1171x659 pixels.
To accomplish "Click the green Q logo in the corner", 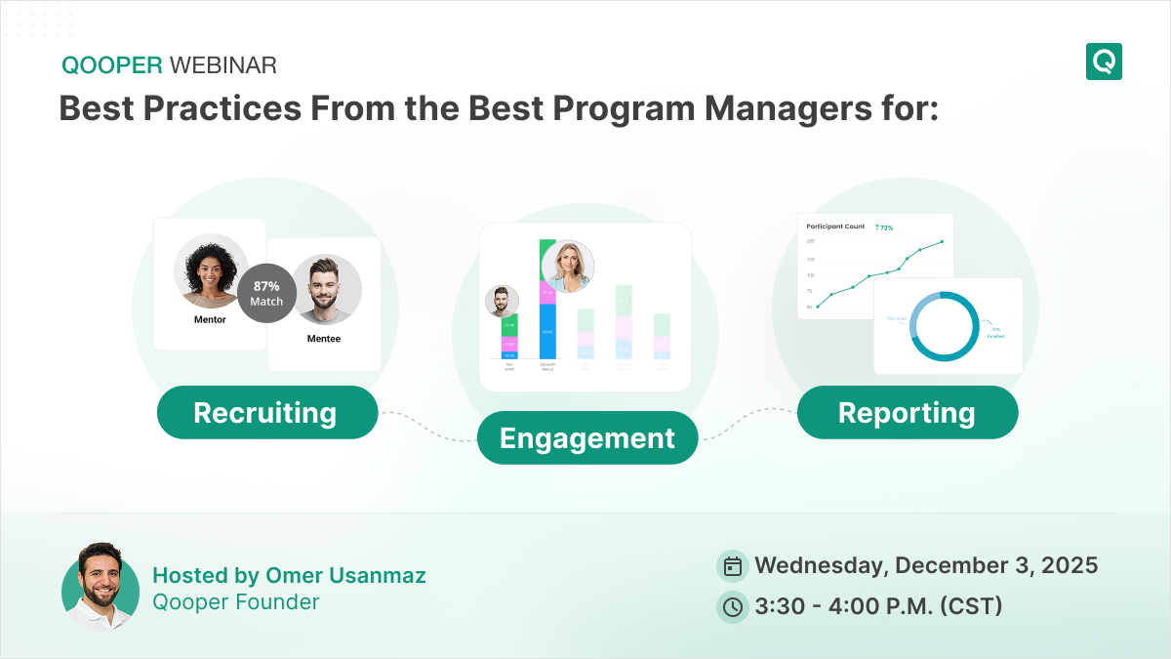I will point(1104,62).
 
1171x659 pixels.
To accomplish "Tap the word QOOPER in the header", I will point(112,65).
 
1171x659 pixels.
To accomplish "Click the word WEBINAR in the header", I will point(223,65).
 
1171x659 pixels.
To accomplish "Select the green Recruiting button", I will point(265,412).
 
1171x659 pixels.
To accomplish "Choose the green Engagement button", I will point(586,437).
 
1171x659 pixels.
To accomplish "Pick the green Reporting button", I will point(907,412).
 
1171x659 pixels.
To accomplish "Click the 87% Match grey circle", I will point(266,293).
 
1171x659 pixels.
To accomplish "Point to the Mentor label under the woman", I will point(210,319).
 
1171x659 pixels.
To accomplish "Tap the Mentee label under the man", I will point(324,339).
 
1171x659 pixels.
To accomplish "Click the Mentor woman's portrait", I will point(210,269).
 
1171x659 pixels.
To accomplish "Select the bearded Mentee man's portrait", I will point(326,290).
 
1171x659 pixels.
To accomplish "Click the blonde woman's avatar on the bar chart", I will point(567,266).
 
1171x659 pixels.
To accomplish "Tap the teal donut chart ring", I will point(945,327).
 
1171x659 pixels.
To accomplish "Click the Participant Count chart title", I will point(835,227).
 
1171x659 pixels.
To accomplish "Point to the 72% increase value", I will point(884,227).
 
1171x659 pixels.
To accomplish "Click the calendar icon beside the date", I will point(732,565).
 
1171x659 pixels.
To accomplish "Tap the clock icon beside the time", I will point(732,606).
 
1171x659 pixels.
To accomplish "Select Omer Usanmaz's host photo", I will point(100,587).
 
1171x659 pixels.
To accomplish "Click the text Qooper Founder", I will point(236,601).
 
